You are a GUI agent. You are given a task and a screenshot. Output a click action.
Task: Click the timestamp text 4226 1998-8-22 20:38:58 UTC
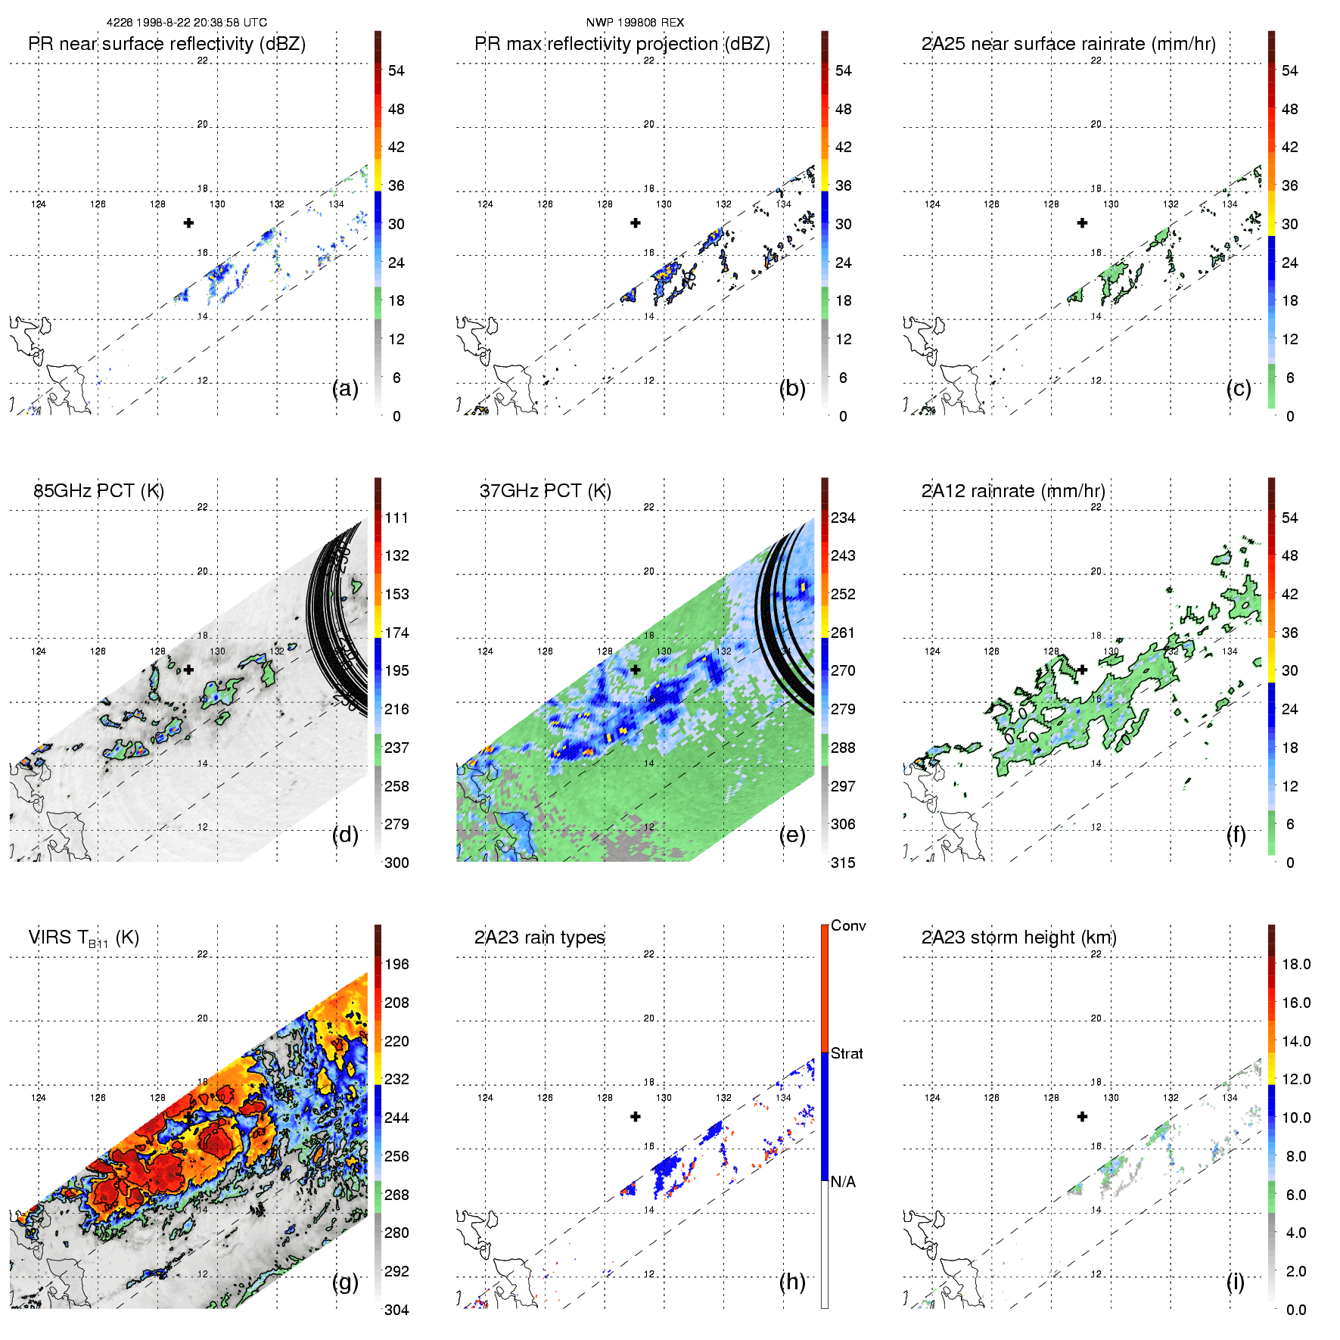pyautogui.click(x=186, y=23)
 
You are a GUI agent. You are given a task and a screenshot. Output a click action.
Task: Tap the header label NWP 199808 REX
pyautogui.click(x=635, y=23)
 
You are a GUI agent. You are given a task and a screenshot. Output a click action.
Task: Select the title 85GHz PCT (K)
pyautogui.click(x=98, y=491)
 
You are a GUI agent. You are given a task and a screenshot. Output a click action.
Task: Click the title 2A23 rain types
pyautogui.click(x=539, y=937)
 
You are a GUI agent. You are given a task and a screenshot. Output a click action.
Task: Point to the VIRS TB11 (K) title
pyautogui.click(x=83, y=938)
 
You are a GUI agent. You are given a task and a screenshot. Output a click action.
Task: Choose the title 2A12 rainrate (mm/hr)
pyautogui.click(x=1013, y=491)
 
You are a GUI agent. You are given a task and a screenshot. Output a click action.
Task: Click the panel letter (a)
pyautogui.click(x=345, y=389)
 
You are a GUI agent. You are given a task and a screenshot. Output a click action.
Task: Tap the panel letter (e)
pyautogui.click(x=792, y=835)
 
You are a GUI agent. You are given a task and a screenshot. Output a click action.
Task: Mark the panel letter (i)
pyautogui.click(x=1235, y=1282)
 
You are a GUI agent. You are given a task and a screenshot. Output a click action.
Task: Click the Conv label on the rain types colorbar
pyautogui.click(x=848, y=926)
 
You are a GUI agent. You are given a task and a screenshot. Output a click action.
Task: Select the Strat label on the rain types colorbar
pyautogui.click(x=847, y=1054)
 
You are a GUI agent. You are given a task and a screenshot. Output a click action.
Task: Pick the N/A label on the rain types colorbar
pyautogui.click(x=843, y=1182)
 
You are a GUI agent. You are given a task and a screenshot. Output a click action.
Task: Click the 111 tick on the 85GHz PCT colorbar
pyautogui.click(x=396, y=518)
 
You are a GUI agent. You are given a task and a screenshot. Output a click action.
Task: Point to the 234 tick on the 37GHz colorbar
pyautogui.click(x=843, y=518)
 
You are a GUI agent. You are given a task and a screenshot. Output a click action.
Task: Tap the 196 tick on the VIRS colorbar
pyautogui.click(x=396, y=965)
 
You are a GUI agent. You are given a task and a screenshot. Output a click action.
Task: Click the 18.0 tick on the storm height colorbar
pyautogui.click(x=1296, y=965)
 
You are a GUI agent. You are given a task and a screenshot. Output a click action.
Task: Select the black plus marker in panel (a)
pyautogui.click(x=188, y=222)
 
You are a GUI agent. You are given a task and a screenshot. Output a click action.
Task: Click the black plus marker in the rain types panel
pyautogui.click(x=636, y=1116)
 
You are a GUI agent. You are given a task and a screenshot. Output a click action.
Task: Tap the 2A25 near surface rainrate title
pyautogui.click(x=1068, y=44)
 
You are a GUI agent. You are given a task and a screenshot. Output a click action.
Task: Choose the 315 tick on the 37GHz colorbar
pyautogui.click(x=843, y=863)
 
